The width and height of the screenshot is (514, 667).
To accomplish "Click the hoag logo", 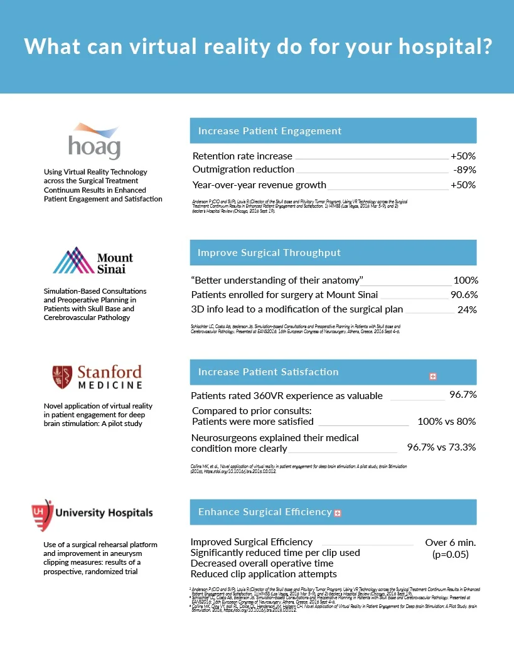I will point(94,142).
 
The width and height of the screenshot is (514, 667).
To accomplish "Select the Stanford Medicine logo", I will point(97,377).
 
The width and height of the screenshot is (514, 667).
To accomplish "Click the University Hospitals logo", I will point(92,513).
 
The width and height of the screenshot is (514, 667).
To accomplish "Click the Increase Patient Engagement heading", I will point(270,131).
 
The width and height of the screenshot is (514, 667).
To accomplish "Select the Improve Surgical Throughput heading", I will point(269,253).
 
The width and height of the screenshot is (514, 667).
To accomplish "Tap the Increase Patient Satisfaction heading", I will point(268,372).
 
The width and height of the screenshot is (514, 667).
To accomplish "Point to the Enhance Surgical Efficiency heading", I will point(264,512).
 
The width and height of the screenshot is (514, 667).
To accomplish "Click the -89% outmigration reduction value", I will point(464,169).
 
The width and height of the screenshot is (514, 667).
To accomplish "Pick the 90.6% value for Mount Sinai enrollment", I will point(464,295).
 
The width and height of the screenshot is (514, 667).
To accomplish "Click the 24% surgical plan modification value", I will point(467,309).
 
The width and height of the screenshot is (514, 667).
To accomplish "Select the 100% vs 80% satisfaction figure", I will point(446,422).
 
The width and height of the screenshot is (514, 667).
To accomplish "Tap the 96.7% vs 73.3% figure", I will point(441,447).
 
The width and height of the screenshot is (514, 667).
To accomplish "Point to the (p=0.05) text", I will point(451,555).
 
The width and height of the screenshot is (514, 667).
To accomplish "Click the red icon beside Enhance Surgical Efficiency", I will point(338,513).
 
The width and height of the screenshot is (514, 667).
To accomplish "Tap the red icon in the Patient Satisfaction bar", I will point(432,376).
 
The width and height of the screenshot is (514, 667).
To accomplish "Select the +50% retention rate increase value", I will point(463,156).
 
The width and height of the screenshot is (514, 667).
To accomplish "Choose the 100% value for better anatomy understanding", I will point(466,280).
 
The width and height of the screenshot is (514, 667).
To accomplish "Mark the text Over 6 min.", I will point(451,542).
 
